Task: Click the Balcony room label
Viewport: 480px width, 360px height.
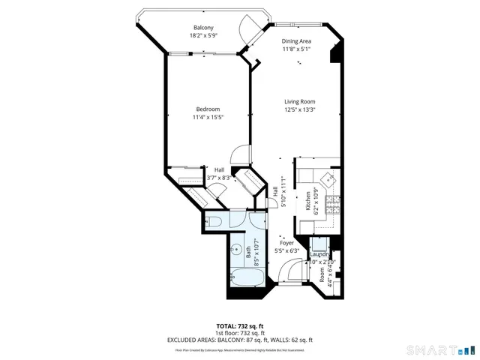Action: pos(199,28)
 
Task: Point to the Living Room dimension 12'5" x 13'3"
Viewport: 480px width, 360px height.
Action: pos(298,109)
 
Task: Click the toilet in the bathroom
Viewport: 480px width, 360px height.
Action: pos(214,222)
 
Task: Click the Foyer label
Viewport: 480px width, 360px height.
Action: pos(286,243)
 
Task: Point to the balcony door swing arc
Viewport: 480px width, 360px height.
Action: pos(248,30)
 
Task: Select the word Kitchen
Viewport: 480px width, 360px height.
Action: pos(307,202)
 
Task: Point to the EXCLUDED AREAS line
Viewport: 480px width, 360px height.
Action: pos(239,340)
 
